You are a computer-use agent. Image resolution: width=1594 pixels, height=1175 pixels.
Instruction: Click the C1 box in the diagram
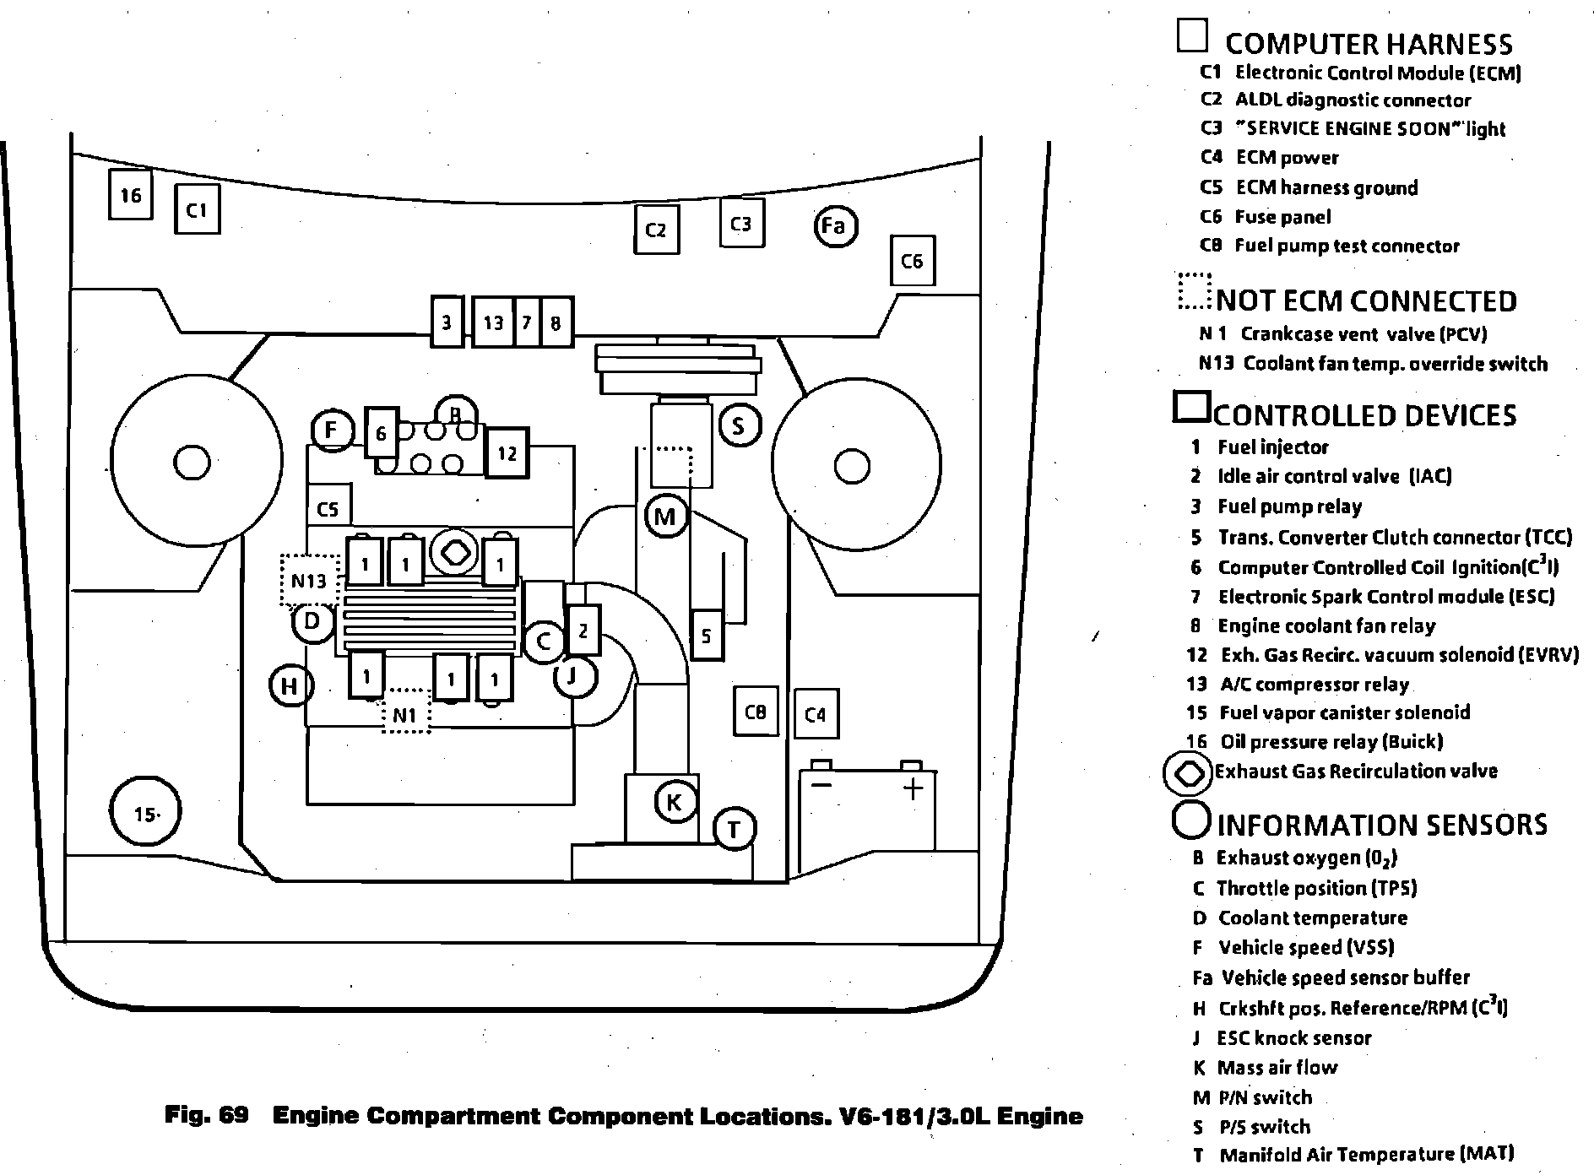click(197, 209)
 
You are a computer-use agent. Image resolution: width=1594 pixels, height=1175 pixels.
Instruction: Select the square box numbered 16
click(131, 195)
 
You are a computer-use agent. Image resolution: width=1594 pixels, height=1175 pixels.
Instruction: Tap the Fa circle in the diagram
click(834, 225)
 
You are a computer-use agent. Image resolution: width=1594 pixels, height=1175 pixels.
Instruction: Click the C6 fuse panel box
click(913, 261)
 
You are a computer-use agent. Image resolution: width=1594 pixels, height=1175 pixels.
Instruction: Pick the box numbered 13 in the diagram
click(493, 322)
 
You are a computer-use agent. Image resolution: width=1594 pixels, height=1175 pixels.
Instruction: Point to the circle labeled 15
click(145, 813)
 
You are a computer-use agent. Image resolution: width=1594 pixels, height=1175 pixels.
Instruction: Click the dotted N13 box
click(310, 580)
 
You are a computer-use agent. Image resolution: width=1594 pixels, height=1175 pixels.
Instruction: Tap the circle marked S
click(740, 425)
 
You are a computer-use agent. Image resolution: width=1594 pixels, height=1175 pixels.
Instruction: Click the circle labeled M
click(665, 516)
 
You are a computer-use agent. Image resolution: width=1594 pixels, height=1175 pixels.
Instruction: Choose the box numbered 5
click(707, 634)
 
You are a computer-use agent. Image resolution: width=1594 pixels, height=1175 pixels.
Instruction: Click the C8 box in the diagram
click(755, 712)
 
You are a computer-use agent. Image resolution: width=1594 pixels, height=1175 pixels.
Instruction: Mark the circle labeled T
click(734, 829)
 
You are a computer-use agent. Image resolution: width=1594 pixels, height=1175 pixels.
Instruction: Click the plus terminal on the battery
click(913, 788)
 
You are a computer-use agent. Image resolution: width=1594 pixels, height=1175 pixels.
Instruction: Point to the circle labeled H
click(290, 685)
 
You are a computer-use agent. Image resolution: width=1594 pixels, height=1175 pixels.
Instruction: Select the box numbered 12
click(507, 453)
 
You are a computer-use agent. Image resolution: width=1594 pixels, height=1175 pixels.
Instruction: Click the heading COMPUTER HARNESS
click(1368, 44)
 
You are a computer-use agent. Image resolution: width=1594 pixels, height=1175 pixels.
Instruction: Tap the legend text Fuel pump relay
click(1289, 506)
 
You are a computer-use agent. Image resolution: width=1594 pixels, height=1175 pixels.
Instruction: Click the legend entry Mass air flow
click(1277, 1068)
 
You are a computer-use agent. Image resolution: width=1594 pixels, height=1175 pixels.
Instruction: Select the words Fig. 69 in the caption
click(207, 1115)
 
